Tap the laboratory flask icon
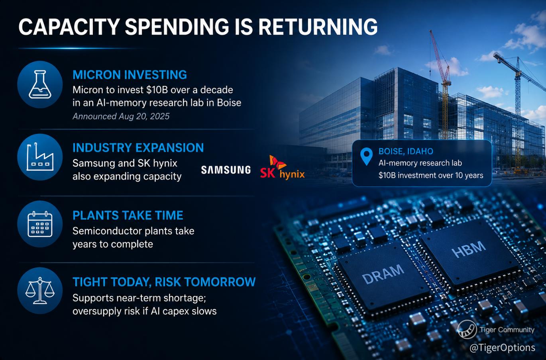tap(40, 84)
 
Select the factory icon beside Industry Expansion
tap(40, 157)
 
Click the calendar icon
tap(40, 224)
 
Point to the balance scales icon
tap(40, 290)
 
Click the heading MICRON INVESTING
tap(130, 75)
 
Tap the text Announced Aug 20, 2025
tap(121, 116)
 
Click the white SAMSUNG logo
tap(226, 170)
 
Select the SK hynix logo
tap(282, 168)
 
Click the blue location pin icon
tap(366, 157)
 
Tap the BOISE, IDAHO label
tap(406, 151)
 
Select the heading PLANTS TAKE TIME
tap(128, 215)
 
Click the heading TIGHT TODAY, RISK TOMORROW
tap(164, 282)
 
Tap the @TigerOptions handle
tap(502, 348)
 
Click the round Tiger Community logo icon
tap(467, 329)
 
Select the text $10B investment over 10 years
tap(431, 176)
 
